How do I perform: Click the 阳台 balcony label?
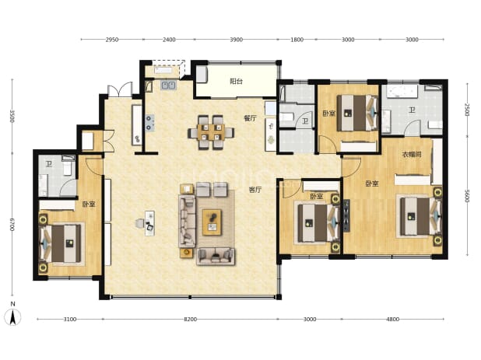click(236, 82)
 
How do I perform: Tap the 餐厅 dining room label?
click(250, 118)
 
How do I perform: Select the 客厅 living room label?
click(255, 190)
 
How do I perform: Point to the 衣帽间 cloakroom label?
click(412, 155)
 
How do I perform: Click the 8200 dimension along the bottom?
click(190, 320)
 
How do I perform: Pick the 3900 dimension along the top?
click(236, 40)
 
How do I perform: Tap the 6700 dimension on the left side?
click(12, 224)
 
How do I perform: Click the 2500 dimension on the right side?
click(467, 110)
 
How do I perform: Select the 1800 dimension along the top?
click(297, 40)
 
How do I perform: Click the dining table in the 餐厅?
click(211, 132)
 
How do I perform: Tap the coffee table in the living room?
click(212, 222)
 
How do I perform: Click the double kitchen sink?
click(168, 85)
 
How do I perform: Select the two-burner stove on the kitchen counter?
click(149, 122)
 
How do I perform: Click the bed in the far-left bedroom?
click(61, 243)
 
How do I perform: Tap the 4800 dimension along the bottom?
click(392, 320)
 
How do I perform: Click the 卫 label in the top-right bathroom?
click(412, 110)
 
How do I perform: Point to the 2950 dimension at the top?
click(111, 40)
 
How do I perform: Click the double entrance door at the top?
click(120, 89)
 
